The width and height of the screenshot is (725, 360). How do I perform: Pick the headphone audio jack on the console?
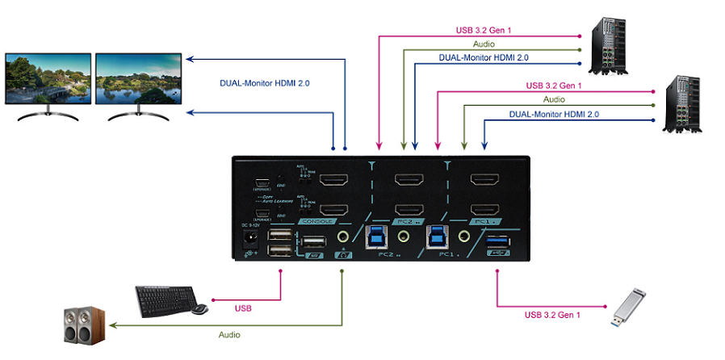coord(343,237)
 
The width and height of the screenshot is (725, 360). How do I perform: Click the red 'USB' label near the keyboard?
coord(243,308)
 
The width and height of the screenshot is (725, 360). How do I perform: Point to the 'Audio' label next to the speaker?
coord(229,333)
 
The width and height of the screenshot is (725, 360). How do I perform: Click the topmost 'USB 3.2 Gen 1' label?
coord(484,31)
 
